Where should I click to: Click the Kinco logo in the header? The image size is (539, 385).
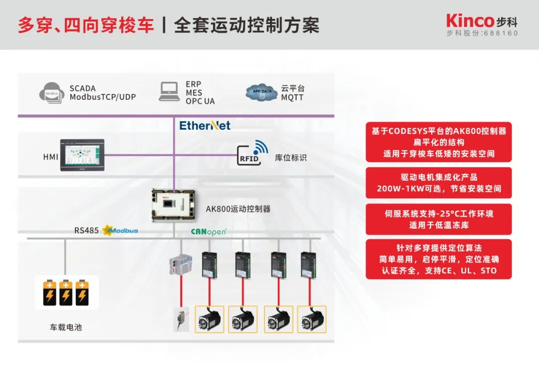point(470,21)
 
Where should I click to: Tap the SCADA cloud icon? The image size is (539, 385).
point(52,93)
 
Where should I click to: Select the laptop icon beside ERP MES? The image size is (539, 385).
point(169,92)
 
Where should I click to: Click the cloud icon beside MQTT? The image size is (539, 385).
point(262,92)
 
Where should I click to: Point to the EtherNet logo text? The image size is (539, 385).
point(205,126)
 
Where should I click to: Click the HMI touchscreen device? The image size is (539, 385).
point(82,155)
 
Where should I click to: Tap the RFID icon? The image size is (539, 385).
point(252,153)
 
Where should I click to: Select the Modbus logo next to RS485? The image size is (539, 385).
point(120,230)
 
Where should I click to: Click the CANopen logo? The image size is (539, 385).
point(209,232)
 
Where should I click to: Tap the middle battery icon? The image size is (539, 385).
point(65,293)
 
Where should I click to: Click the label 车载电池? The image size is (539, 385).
point(65,328)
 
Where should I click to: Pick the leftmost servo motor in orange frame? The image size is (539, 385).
point(209,319)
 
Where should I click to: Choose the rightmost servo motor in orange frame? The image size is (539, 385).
point(311,319)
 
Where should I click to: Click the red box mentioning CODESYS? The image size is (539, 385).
point(439,142)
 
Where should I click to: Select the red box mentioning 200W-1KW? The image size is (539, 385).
point(439,183)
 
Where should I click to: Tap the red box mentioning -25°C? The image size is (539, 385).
point(439,219)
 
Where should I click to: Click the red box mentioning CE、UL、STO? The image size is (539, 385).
point(439,259)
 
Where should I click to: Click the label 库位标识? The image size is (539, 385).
point(290,158)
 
